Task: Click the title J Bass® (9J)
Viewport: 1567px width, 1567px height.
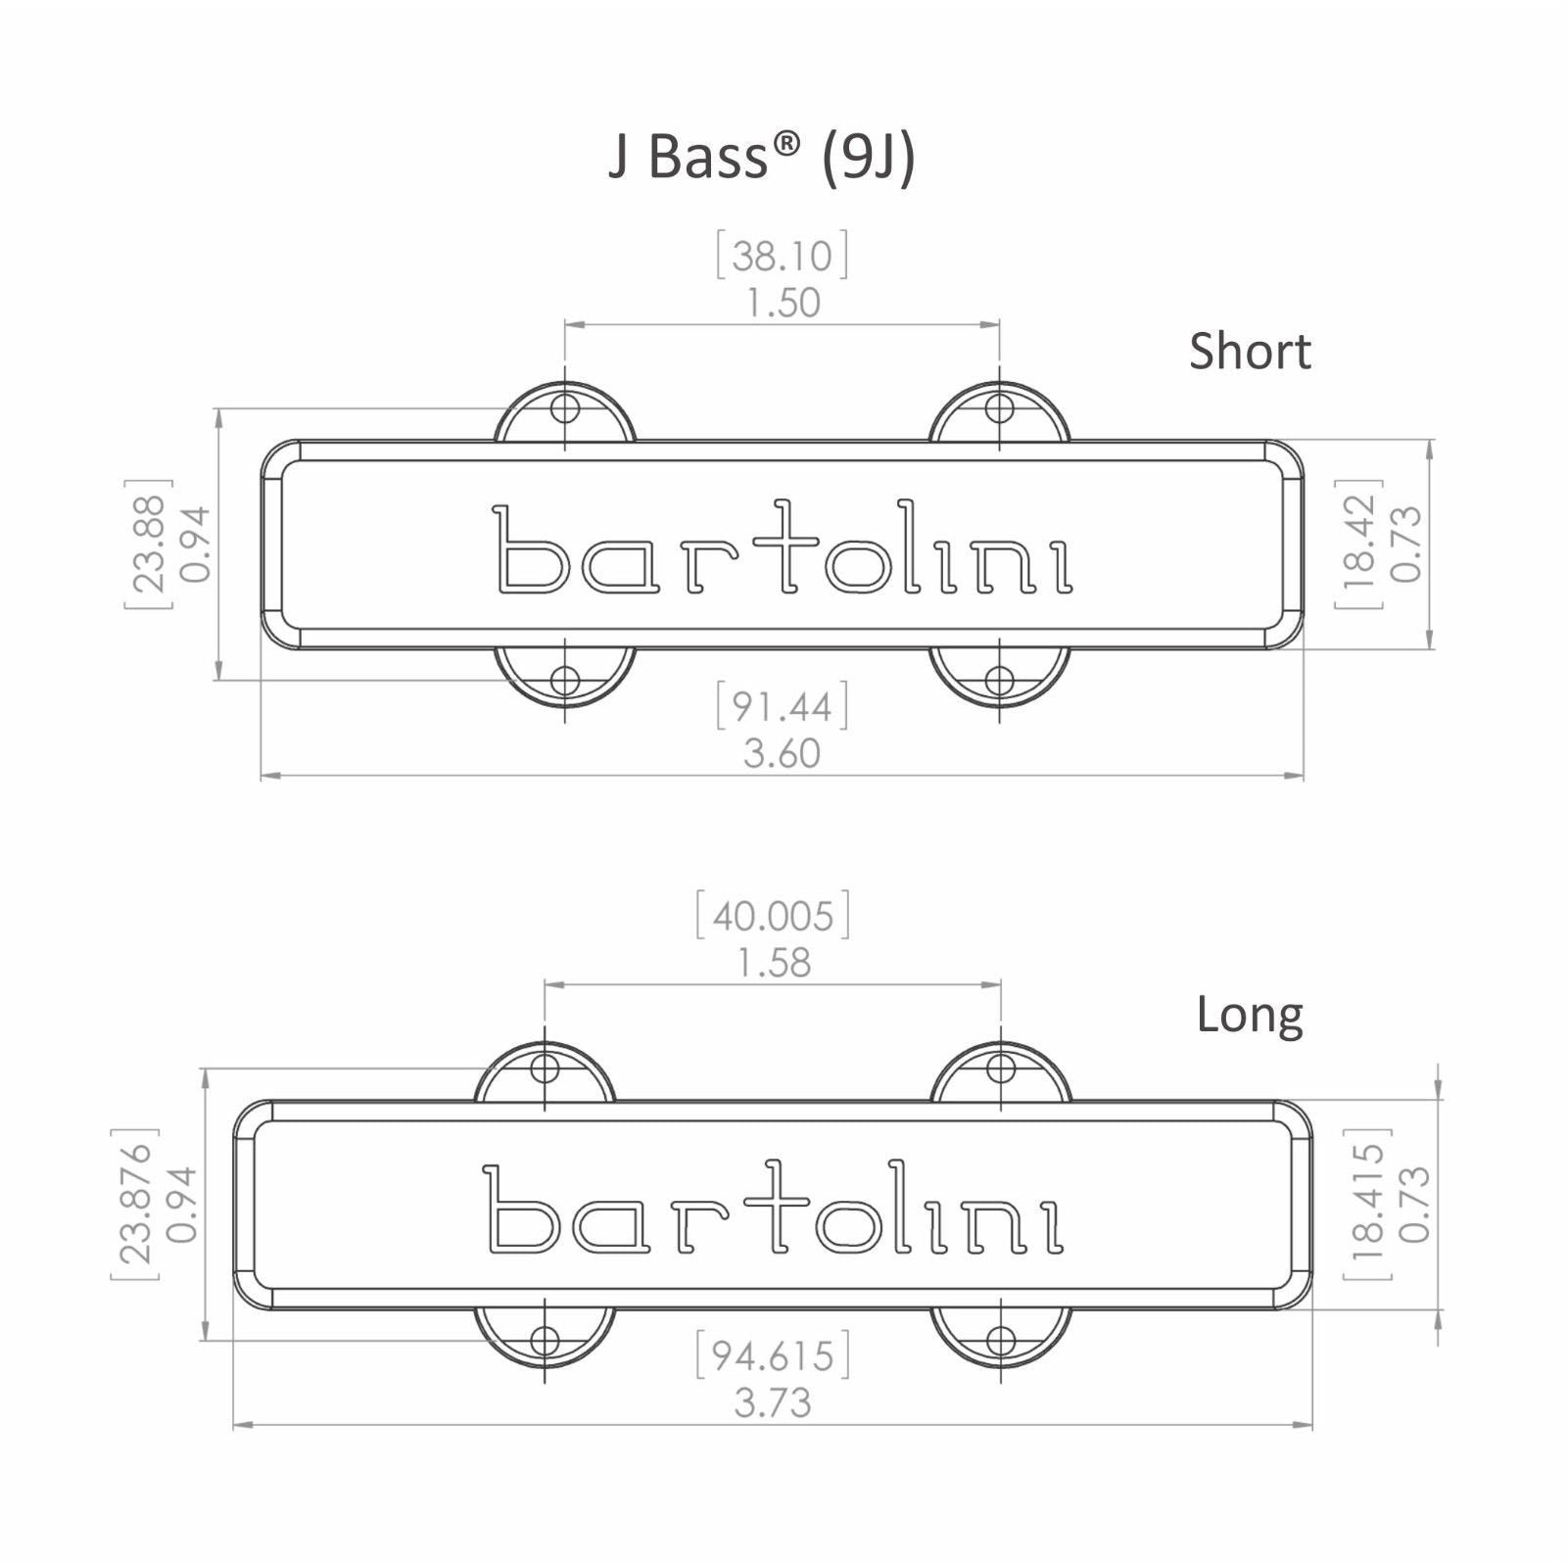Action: coord(762,158)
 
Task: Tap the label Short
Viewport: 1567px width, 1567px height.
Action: coord(1250,351)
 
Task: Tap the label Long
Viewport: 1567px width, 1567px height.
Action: coord(1250,1018)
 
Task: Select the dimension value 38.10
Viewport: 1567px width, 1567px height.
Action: coord(782,256)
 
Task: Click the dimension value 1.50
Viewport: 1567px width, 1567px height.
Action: coord(783,303)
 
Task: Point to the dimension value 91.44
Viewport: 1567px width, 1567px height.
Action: coord(782,707)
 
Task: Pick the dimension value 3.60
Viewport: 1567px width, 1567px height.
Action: coord(782,754)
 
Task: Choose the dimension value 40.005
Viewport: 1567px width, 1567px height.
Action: coord(773,917)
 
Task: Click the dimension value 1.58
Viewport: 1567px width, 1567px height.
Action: coord(774,964)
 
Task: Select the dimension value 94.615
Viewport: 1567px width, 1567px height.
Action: coord(773,1356)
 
